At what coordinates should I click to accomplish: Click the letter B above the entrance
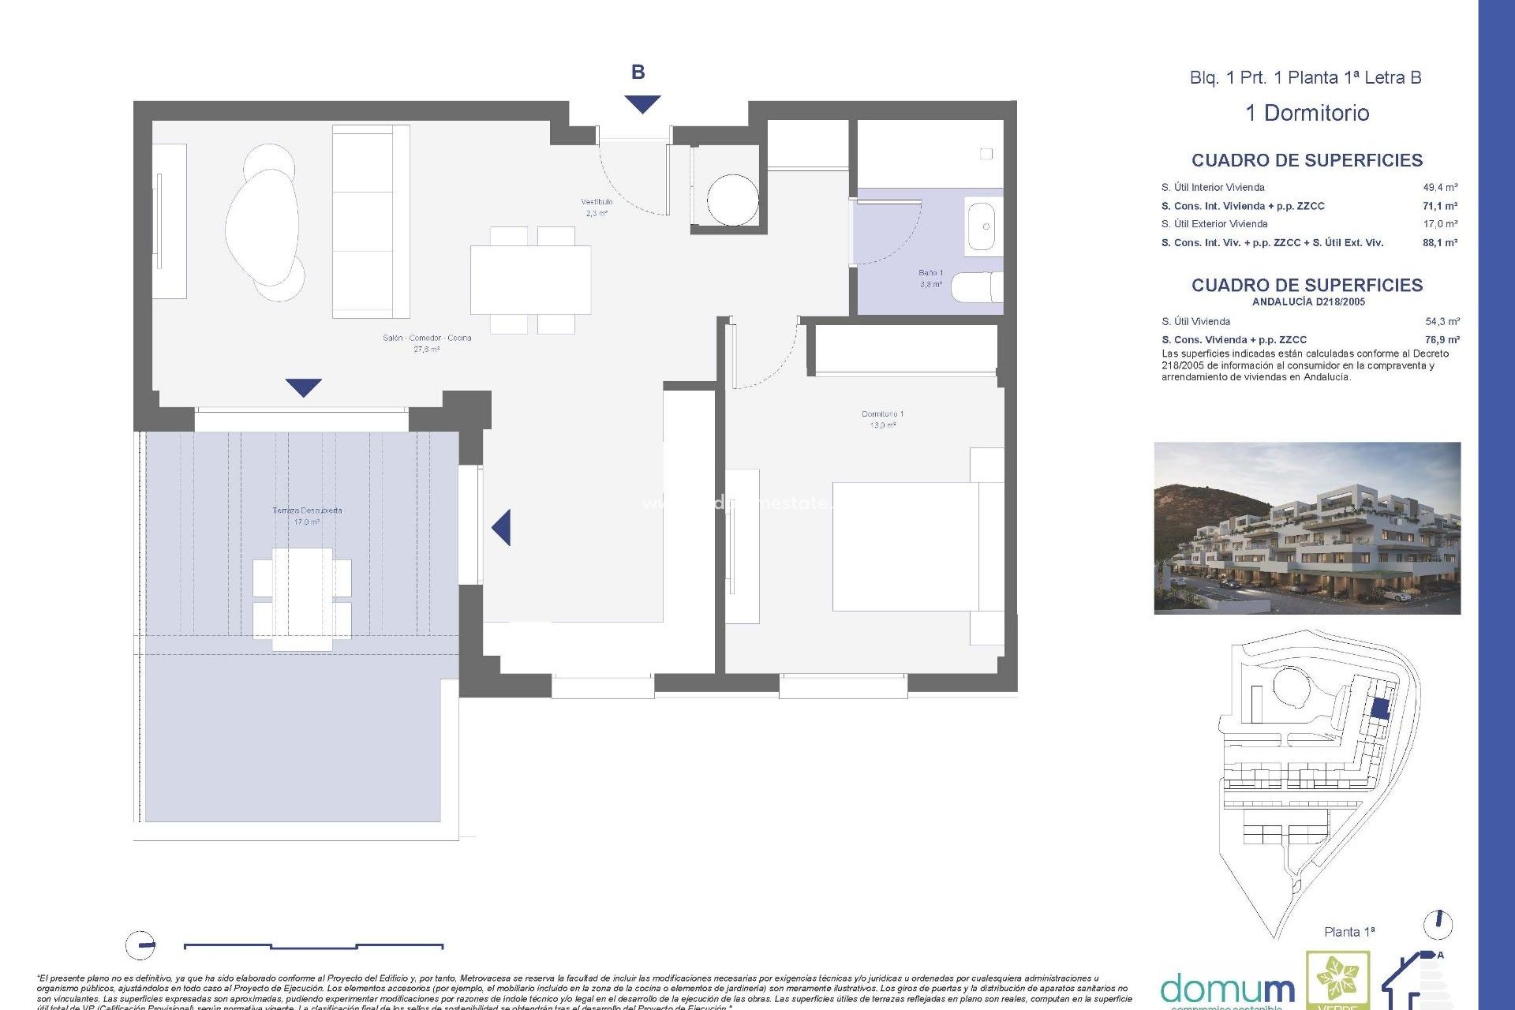click(x=638, y=73)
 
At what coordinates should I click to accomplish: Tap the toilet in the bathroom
click(x=976, y=287)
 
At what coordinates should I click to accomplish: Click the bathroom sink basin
click(x=982, y=227)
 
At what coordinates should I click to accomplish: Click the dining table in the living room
click(x=530, y=279)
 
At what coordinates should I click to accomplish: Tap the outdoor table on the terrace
click(x=302, y=599)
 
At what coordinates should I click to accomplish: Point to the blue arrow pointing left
click(x=502, y=527)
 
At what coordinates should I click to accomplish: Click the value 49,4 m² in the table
click(x=1440, y=188)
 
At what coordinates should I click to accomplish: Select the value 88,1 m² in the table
click(x=1440, y=243)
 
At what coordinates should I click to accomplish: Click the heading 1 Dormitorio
click(x=1307, y=113)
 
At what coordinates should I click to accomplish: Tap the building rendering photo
click(x=1307, y=527)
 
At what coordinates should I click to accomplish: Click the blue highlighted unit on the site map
click(x=1379, y=708)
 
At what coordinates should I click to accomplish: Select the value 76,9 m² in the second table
click(x=1442, y=340)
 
